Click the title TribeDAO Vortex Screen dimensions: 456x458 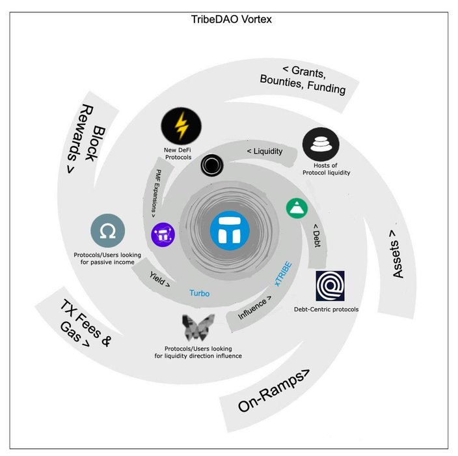[x=228, y=19]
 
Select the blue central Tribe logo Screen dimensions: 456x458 [x=230, y=232]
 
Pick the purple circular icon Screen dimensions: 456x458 [x=163, y=235]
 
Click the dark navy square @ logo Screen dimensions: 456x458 [x=334, y=285]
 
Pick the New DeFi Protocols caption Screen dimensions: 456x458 [x=182, y=154]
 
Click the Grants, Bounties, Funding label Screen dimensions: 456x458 [x=312, y=79]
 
